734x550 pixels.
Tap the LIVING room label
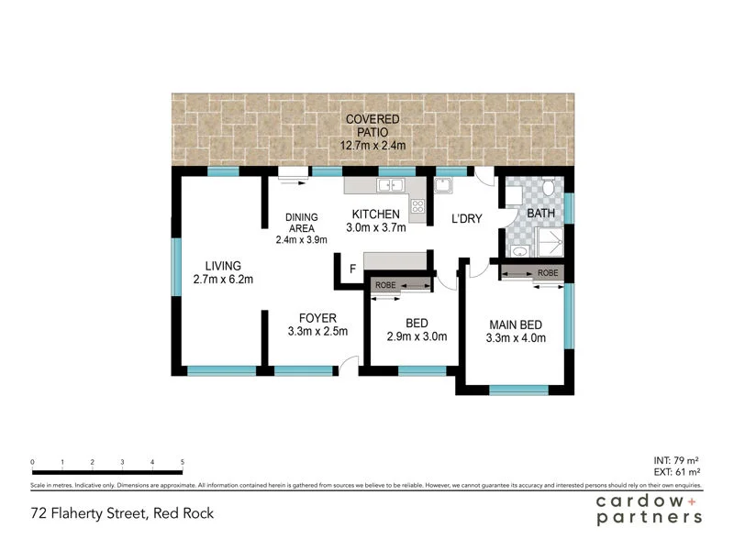pos(223,266)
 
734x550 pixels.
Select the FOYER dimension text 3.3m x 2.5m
pos(317,332)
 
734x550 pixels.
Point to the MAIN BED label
pos(516,324)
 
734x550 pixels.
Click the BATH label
pos(539,214)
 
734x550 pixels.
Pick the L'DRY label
pos(467,219)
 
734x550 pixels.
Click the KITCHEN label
pos(373,214)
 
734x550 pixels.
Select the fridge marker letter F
pos(351,269)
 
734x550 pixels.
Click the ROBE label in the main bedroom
pos(548,273)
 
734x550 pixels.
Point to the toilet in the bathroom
pos(548,189)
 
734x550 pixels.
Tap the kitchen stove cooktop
pos(417,206)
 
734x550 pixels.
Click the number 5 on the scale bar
pos(183,462)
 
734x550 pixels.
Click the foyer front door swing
pos(344,366)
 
